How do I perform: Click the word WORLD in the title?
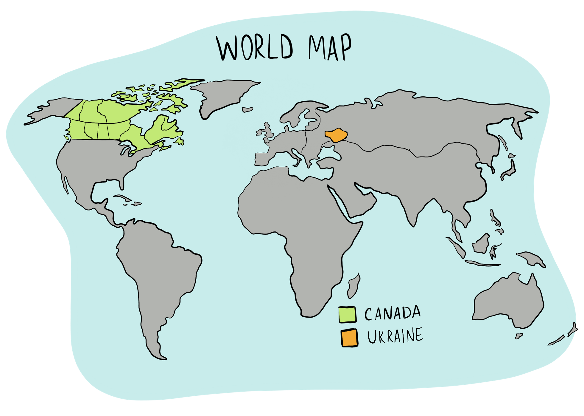click(255, 48)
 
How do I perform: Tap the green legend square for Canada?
click(347, 315)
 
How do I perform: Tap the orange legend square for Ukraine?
click(349, 338)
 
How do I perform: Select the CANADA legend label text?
click(393, 313)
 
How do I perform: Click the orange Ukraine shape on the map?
click(336, 135)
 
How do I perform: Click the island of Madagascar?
click(353, 286)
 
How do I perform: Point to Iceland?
click(247, 110)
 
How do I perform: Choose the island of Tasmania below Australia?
click(518, 336)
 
